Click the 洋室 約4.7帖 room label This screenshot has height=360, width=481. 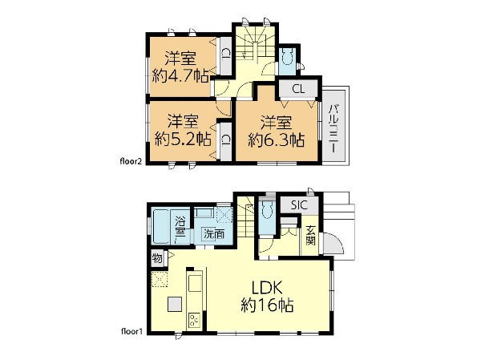[x=180, y=67]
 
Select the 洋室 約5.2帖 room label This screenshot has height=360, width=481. [x=183, y=130]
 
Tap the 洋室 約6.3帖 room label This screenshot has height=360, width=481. [x=276, y=131]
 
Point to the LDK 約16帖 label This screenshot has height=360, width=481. [x=267, y=297]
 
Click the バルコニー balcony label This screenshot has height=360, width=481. [x=334, y=128]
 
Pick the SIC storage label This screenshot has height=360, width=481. [x=299, y=204]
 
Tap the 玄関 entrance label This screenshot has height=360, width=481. [x=310, y=236]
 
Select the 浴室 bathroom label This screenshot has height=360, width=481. [x=180, y=226]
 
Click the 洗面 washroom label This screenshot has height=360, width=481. [x=214, y=234]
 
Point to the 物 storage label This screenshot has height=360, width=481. [x=157, y=258]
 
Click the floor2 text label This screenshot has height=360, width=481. [x=131, y=161]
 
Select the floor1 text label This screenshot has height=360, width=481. [x=132, y=331]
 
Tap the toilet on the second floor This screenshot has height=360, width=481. [x=288, y=57]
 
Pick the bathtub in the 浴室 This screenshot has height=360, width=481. [x=161, y=226]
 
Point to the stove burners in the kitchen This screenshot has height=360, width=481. [x=194, y=320]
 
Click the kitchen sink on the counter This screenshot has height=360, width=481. [x=195, y=283]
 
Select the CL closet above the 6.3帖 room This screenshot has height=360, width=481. [x=298, y=89]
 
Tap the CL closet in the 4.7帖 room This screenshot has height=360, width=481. [x=226, y=56]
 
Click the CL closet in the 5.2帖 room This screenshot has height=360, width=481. [x=226, y=141]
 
